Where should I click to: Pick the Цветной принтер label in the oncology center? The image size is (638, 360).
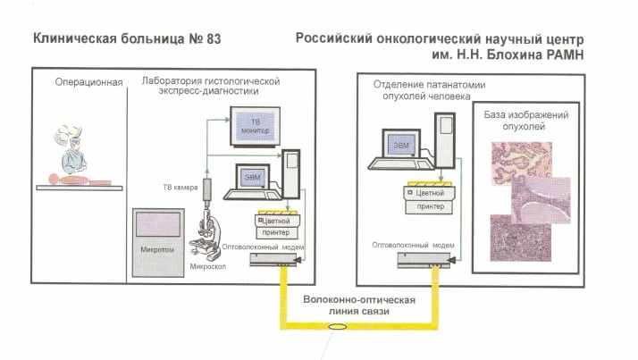tap(427, 198)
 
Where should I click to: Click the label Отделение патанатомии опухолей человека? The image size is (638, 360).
tap(421, 89)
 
